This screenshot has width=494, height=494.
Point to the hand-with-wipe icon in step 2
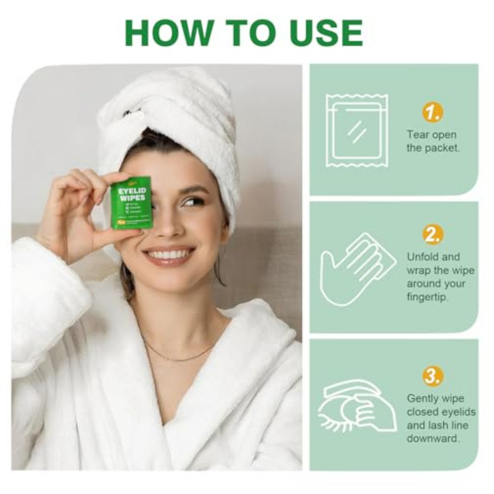354,268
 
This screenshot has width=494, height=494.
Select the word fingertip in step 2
428,297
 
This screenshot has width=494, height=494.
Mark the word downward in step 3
433,438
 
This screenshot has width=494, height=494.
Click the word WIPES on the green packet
131,198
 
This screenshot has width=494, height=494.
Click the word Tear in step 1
418,135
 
